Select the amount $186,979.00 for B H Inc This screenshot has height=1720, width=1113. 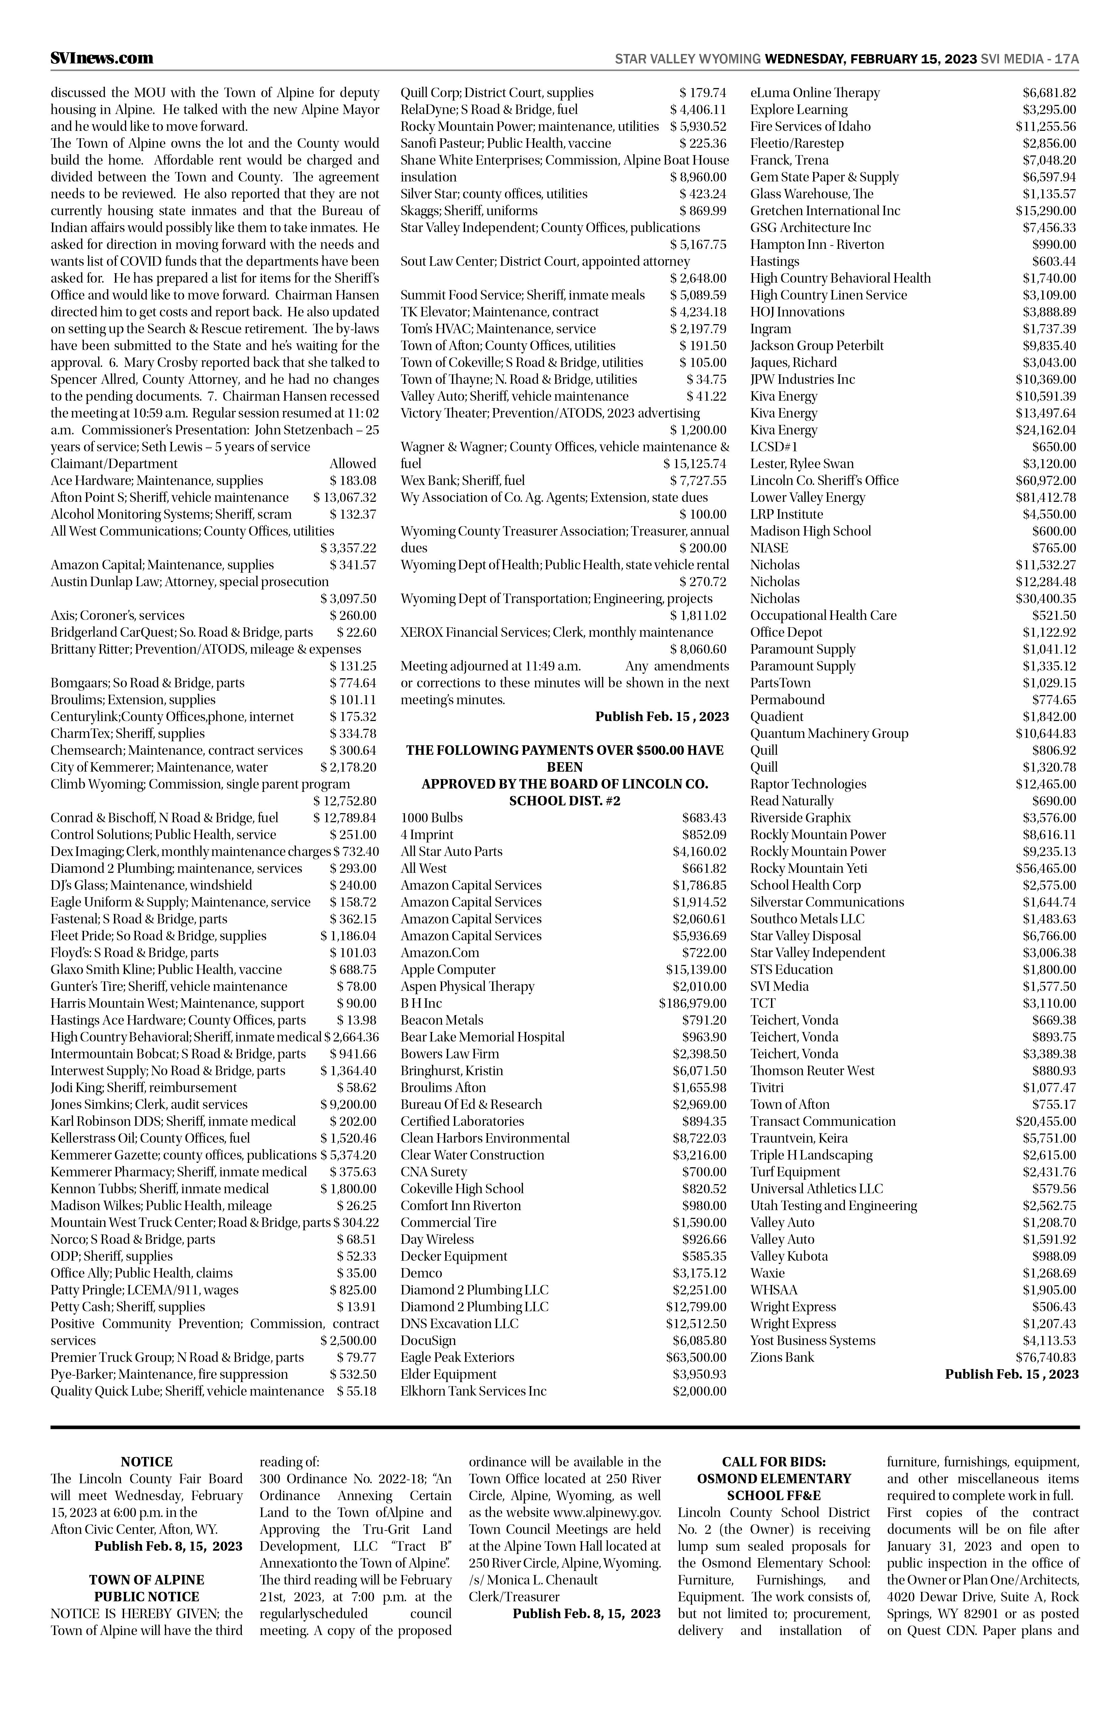point(692,1003)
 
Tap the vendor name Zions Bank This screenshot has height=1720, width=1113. point(782,1357)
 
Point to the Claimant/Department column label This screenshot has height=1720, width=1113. point(114,463)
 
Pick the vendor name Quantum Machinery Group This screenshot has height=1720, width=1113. point(829,734)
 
